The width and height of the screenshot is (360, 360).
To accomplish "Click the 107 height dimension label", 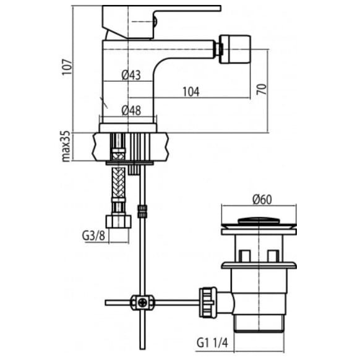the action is [67, 67].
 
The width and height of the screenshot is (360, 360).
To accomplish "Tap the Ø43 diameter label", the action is [131, 75].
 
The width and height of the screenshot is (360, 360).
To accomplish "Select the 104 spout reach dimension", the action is [191, 92].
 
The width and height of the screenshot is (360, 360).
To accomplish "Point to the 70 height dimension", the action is [262, 89].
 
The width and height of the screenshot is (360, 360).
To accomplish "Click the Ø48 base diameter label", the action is [131, 111].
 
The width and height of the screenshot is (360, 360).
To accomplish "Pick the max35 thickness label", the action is [66, 147].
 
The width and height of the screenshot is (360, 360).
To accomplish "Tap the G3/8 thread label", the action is [93, 236].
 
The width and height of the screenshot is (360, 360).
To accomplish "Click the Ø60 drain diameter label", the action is [262, 199].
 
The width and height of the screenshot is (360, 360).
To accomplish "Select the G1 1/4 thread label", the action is [212, 343].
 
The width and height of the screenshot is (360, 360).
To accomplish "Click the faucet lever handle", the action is [161, 21].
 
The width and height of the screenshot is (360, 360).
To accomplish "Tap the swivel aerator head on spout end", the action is [234, 49].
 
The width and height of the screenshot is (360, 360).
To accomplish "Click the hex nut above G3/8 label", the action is [119, 221].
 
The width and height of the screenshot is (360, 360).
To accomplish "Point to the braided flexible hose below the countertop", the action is [119, 182].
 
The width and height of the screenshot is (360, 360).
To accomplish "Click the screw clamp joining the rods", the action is [142, 302].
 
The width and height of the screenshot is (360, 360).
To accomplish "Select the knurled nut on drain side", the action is [208, 302].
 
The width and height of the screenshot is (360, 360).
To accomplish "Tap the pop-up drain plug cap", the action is [259, 221].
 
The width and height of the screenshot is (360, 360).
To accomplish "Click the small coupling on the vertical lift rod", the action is [142, 211].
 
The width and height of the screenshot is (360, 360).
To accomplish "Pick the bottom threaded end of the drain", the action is [259, 324].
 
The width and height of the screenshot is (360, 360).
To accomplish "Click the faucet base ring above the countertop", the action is [128, 127].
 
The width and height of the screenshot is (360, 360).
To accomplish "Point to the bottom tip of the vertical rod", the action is [142, 349].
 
